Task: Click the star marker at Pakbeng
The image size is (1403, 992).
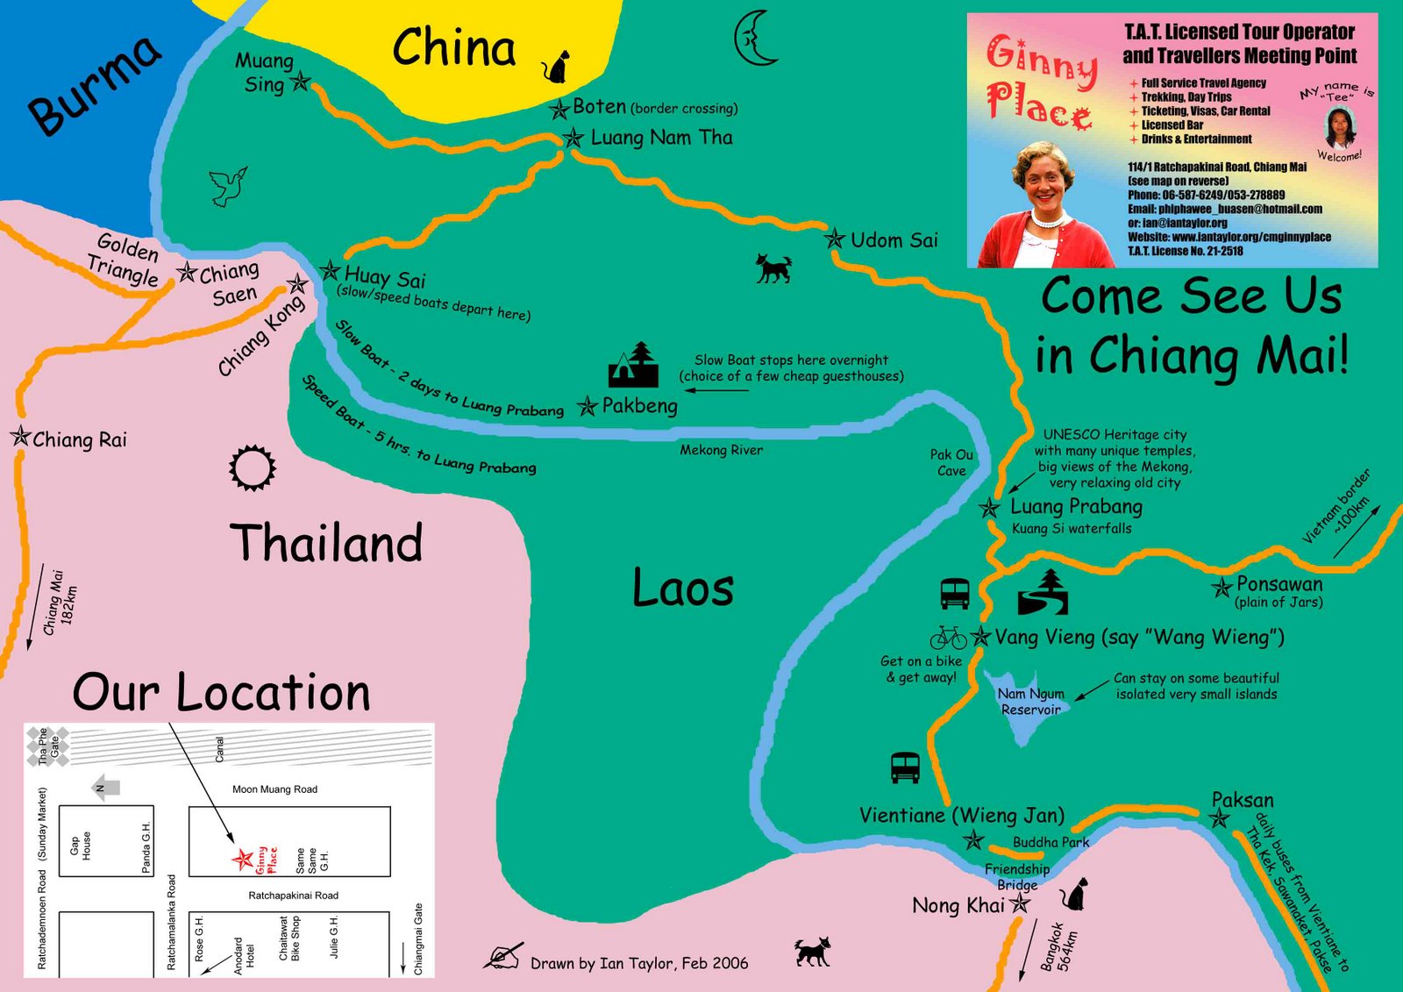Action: [x=587, y=406]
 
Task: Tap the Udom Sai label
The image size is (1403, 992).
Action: [x=894, y=240]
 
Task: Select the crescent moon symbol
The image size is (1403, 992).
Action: [x=754, y=39]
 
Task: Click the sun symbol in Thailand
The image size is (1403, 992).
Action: [x=253, y=468]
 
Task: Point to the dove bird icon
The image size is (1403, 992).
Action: [x=228, y=187]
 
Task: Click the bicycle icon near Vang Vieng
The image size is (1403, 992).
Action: [x=948, y=637]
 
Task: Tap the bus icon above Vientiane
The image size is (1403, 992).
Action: [x=905, y=767]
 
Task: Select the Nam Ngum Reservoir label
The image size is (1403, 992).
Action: [x=1030, y=702]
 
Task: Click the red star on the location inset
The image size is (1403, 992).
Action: [x=242, y=859]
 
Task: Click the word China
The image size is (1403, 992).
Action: [x=453, y=47]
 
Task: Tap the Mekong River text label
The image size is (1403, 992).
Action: [x=721, y=450]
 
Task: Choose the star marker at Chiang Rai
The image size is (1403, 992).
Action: [x=20, y=436]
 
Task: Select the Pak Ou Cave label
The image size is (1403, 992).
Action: [x=951, y=462]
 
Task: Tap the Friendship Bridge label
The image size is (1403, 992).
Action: [x=1017, y=876]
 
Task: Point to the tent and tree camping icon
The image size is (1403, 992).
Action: [x=633, y=365]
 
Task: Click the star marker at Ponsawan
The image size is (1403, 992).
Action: [x=1221, y=588]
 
